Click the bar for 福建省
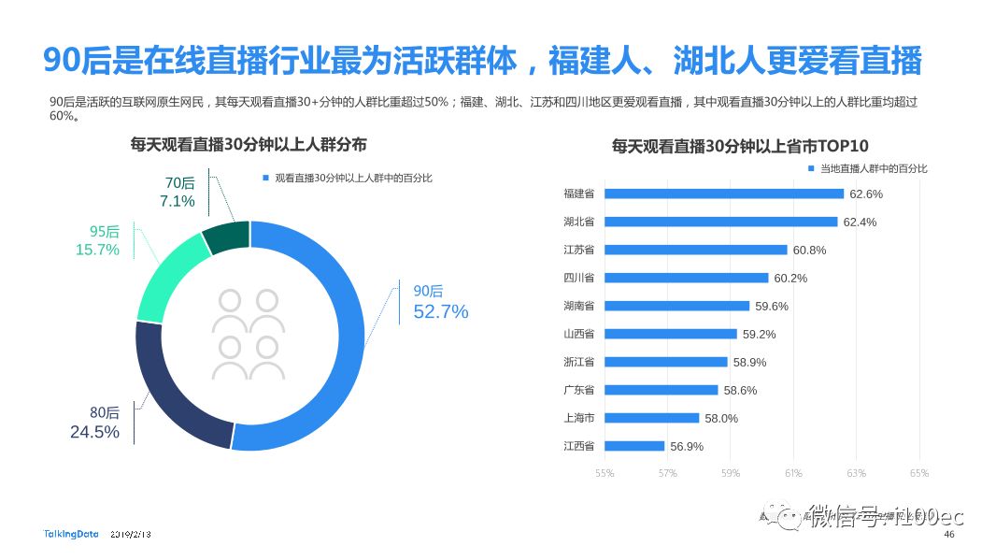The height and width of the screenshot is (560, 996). click(724, 194)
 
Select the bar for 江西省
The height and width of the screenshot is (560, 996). click(634, 446)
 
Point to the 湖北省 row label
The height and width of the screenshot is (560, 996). click(579, 222)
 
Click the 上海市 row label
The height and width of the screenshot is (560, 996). click(579, 418)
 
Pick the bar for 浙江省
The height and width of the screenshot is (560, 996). click(665, 362)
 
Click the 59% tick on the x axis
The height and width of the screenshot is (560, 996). click(731, 473)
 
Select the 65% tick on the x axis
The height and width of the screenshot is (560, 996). click(919, 473)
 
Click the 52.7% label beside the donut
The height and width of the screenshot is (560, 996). click(440, 312)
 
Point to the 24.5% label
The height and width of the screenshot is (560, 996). click(94, 432)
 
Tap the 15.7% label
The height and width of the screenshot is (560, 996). click(97, 250)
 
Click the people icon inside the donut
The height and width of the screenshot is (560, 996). click(248, 335)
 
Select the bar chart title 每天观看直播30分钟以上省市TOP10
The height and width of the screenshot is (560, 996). click(740, 146)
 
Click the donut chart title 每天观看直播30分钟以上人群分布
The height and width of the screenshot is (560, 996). click(249, 144)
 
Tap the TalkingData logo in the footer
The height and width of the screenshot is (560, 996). click(71, 534)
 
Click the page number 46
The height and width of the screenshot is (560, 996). click(949, 535)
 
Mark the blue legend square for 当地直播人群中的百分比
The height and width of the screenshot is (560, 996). click(811, 168)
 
